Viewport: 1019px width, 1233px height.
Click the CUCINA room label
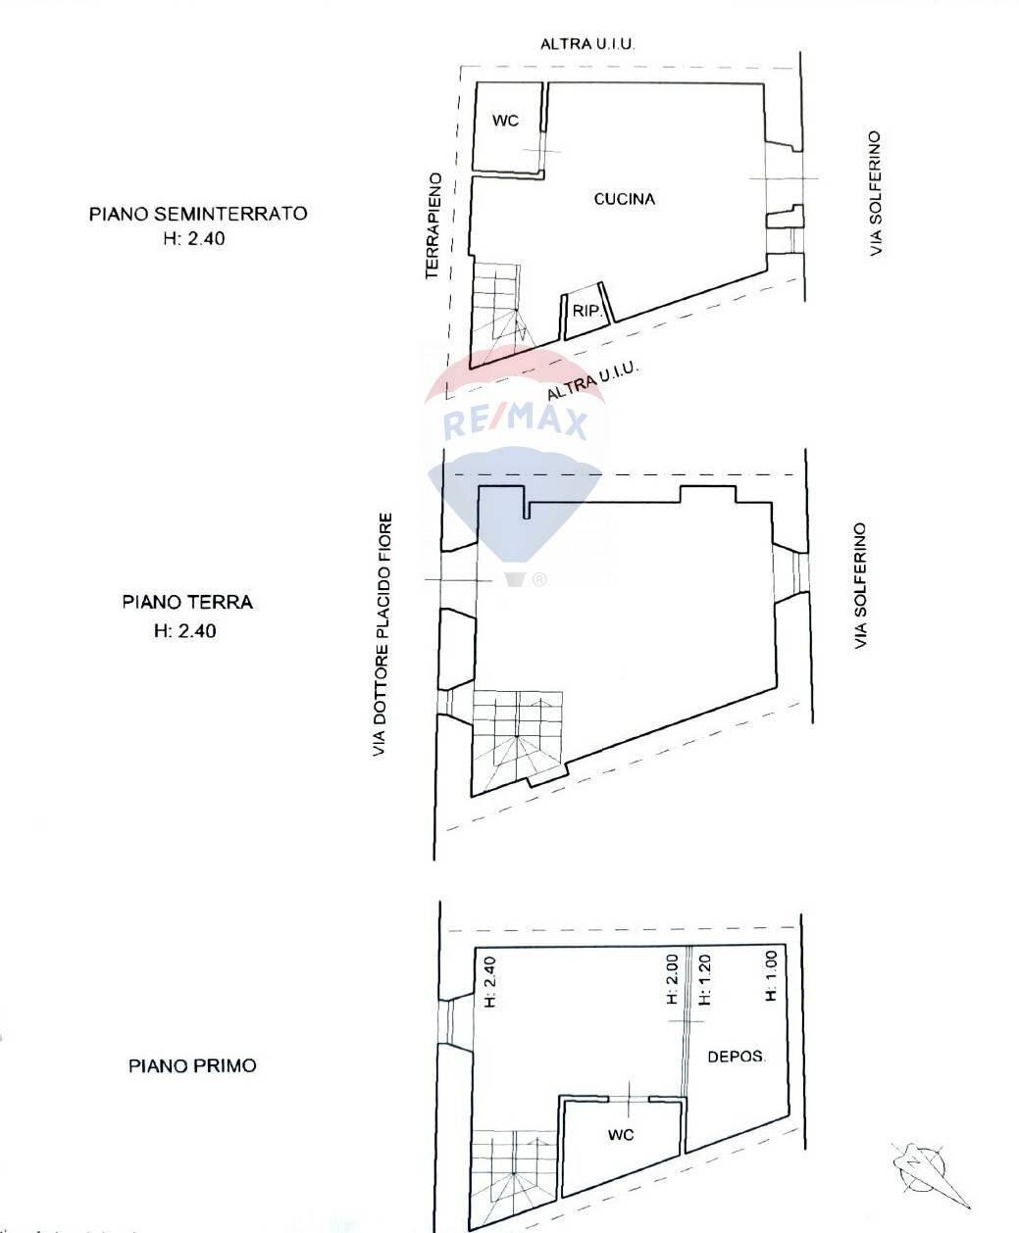[625, 199]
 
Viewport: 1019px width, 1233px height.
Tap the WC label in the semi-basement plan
[505, 121]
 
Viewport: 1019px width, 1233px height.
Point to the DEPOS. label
[737, 1057]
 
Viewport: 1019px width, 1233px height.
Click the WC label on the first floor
[621, 1134]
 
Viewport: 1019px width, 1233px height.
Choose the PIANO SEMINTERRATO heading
[198, 213]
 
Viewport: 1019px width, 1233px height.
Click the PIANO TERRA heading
[187, 601]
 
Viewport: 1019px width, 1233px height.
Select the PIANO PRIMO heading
[192, 1065]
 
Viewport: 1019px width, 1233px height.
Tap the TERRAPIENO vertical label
[433, 226]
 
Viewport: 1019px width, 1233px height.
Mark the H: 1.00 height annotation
[771, 976]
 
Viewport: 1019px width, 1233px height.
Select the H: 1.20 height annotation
[704, 980]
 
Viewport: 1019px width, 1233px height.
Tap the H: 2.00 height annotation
[673, 980]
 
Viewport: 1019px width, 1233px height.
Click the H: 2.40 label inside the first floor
[491, 981]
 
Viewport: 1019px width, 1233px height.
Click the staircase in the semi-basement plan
[500, 306]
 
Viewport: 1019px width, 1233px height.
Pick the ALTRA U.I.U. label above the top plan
[589, 44]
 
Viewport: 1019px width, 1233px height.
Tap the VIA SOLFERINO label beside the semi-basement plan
[876, 194]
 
